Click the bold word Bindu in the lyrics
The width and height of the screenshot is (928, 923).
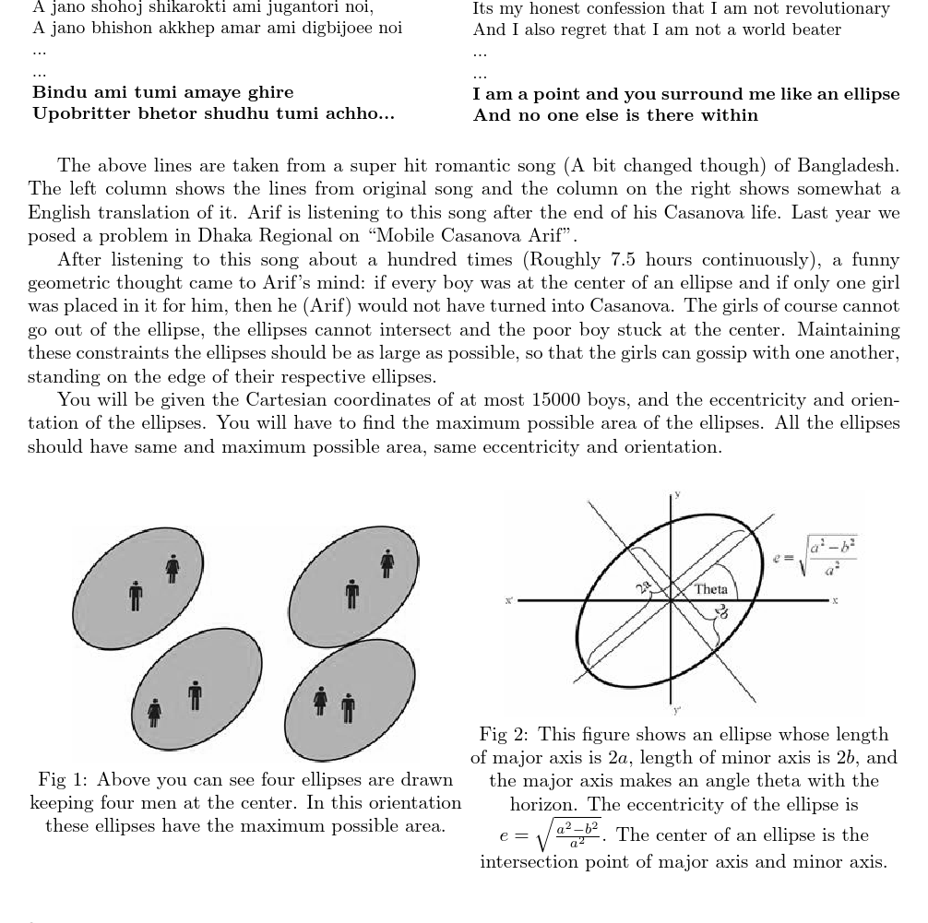(x=58, y=92)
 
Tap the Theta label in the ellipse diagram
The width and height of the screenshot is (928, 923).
(x=710, y=589)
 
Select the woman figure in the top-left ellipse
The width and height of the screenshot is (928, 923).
(x=173, y=568)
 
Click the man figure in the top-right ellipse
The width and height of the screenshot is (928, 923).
(x=351, y=594)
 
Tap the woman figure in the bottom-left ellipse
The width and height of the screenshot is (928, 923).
(x=154, y=712)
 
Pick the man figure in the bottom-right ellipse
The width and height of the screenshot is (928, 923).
(x=348, y=708)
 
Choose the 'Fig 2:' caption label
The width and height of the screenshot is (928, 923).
(x=504, y=735)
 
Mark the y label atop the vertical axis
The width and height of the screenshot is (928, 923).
(x=677, y=495)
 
